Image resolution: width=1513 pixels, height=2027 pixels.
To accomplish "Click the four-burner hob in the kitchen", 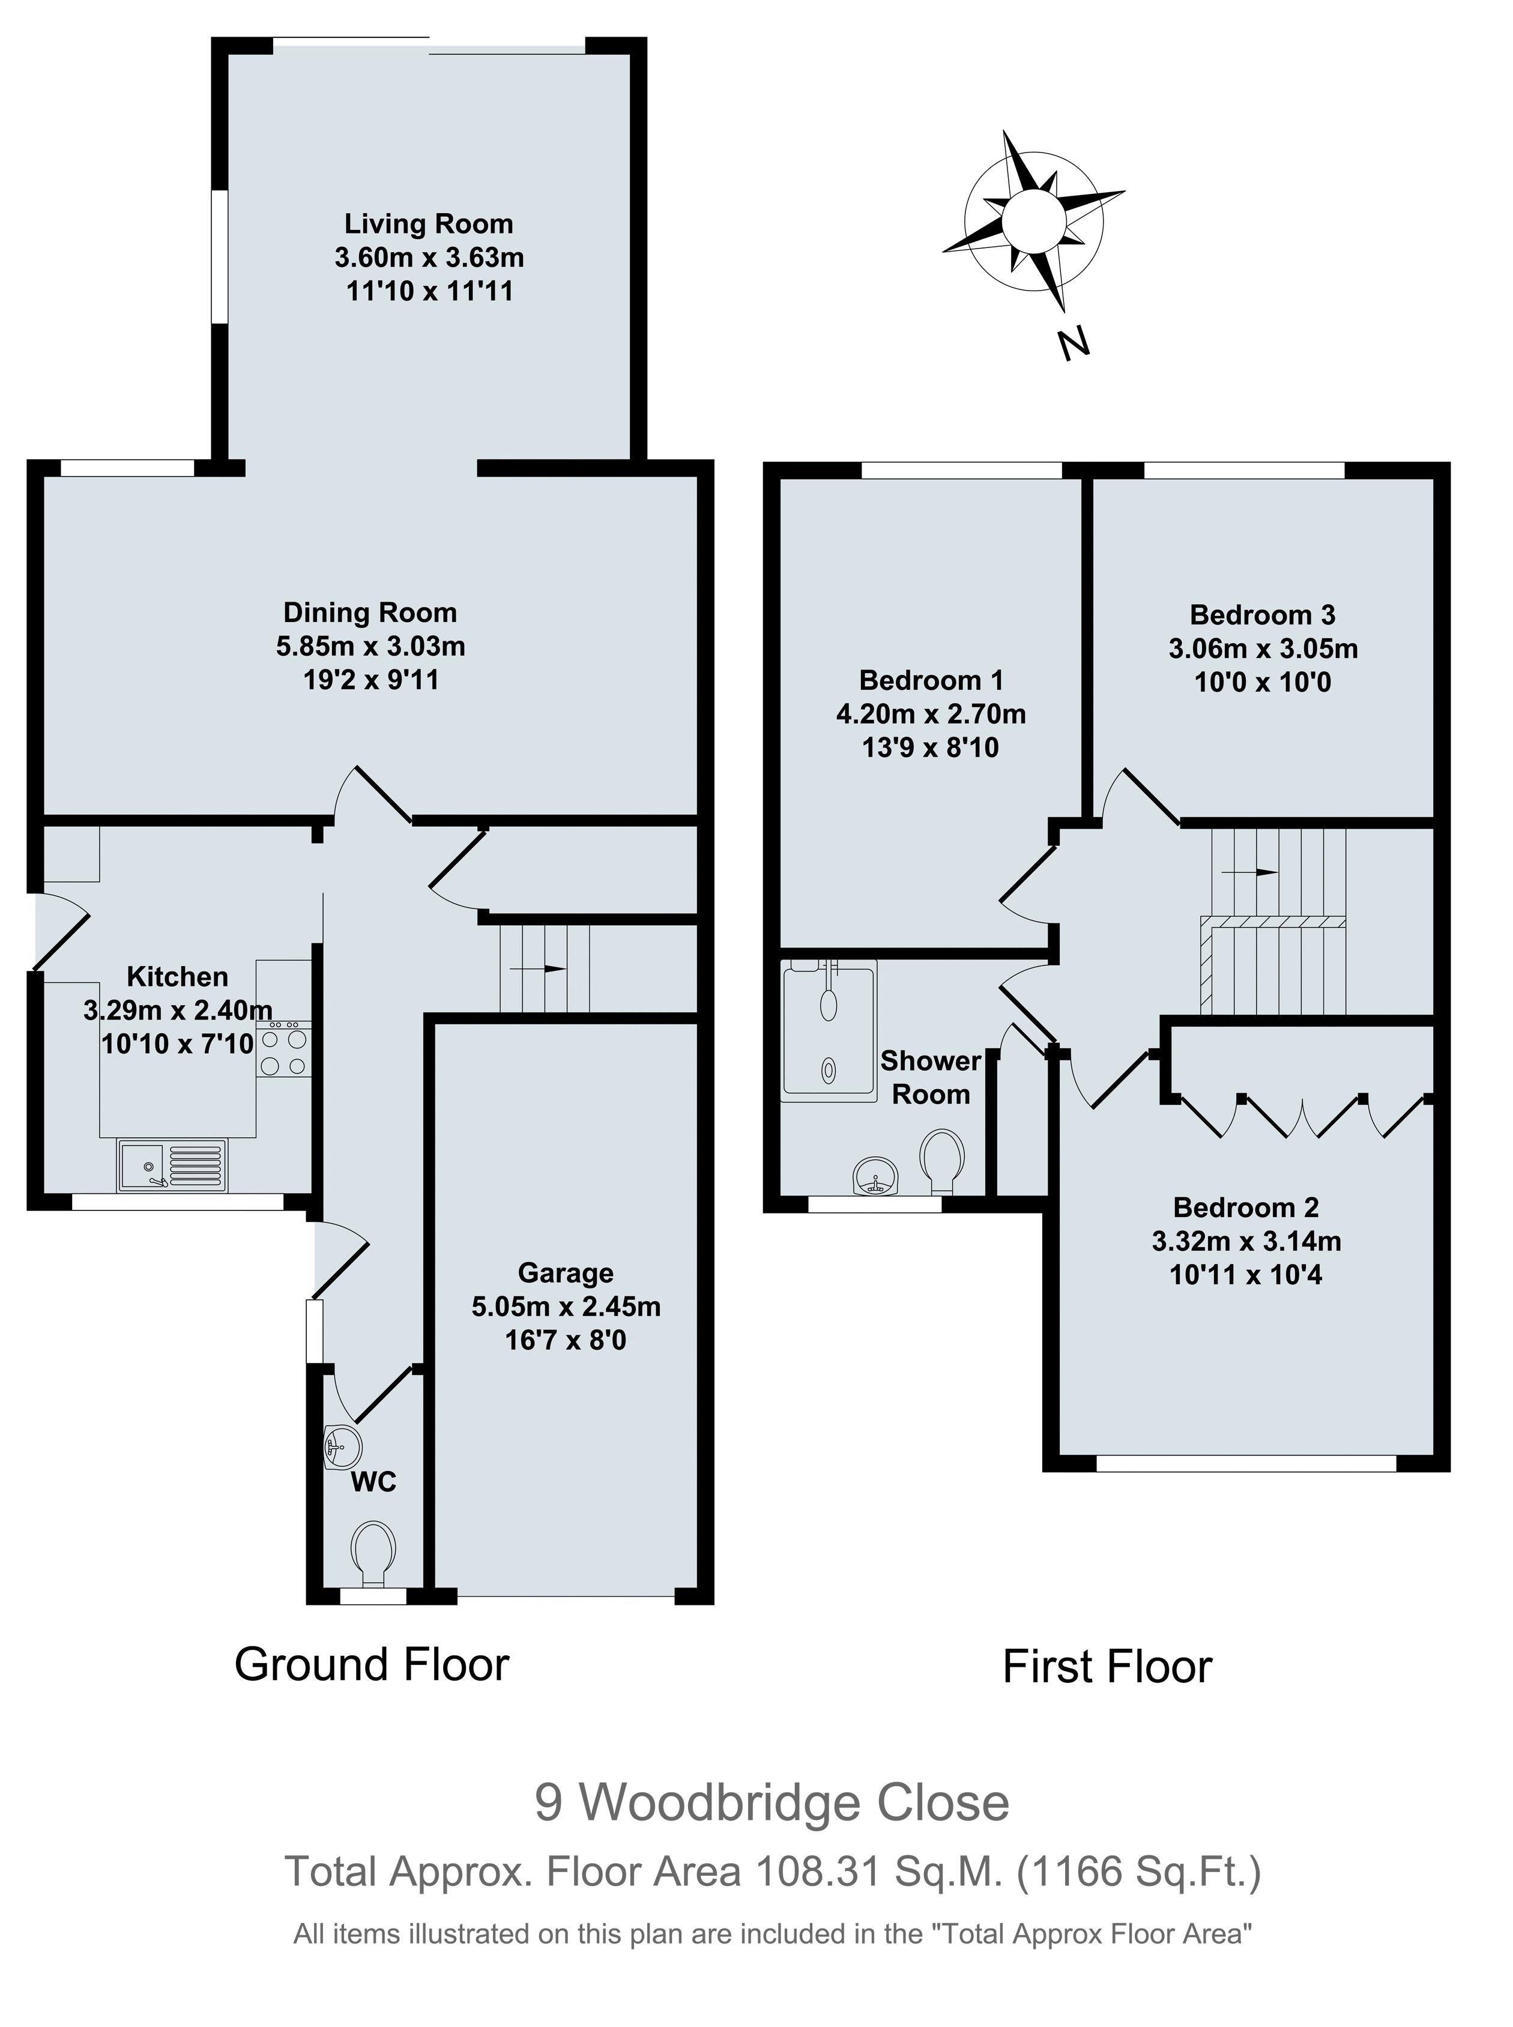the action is click(284, 1053).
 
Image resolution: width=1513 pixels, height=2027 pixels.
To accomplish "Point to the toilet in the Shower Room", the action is click(943, 1161).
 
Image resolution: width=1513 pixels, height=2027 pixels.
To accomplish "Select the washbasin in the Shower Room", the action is click(875, 1176).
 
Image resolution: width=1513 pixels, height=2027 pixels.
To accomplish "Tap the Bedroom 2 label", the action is click(1246, 1207).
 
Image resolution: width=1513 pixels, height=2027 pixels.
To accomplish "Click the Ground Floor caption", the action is click(371, 1664).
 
